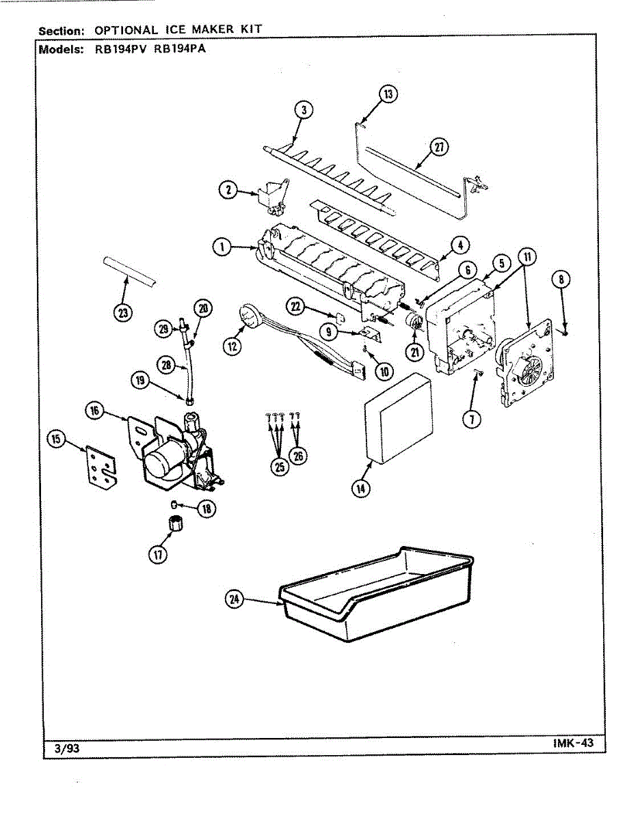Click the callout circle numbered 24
coord(235,599)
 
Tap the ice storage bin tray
coord(376,594)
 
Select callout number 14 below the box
coord(360,488)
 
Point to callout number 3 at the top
coord(304,109)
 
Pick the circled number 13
coord(388,95)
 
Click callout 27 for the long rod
coord(438,148)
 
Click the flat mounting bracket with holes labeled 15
coord(101,468)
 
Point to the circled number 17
coord(159,555)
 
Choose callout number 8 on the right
coord(561,279)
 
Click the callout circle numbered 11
coord(526,258)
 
